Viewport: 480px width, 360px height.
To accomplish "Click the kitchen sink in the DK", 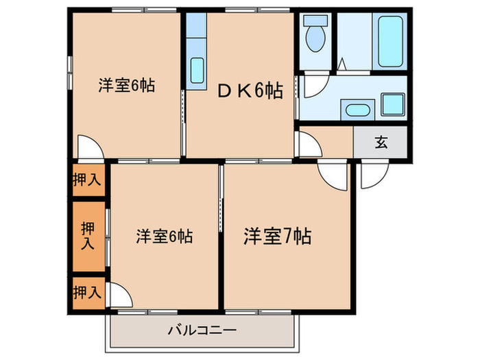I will click(197, 69).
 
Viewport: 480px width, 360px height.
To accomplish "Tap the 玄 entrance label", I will click(381, 143).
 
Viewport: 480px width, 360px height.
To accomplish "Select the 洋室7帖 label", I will click(277, 237).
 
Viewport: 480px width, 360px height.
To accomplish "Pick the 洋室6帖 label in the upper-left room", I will click(125, 86).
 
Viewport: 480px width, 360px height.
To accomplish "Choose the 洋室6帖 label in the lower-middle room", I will click(164, 237).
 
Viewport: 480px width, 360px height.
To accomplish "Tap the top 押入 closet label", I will click(87, 180).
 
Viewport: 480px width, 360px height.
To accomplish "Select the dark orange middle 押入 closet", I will click(88, 236).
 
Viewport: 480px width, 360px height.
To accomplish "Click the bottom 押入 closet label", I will click(87, 291).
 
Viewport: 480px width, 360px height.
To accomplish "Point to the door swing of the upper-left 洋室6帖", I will click(90, 146).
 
